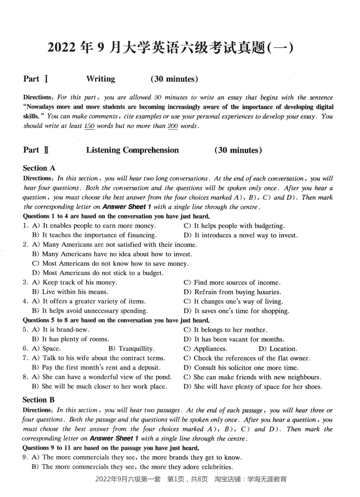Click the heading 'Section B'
39,400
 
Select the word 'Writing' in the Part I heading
100,79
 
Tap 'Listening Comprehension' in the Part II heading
132,150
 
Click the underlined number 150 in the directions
89,126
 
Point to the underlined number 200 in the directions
173,126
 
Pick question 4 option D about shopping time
236,311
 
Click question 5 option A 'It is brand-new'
61,330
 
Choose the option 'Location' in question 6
278,349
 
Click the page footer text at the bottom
191,479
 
